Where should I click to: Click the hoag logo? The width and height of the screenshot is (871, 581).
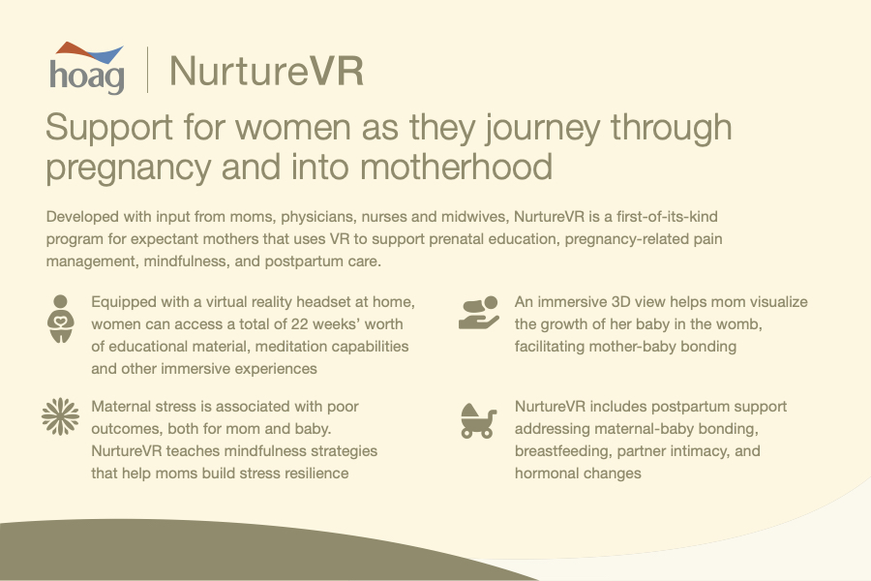coord(87,69)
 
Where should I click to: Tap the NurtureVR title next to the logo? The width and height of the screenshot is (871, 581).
coord(267,71)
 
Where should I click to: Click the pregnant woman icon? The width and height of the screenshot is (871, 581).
coord(61,319)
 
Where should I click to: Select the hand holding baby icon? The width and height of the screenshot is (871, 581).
coord(479,313)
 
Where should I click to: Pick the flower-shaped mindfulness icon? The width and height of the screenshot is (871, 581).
coord(60,415)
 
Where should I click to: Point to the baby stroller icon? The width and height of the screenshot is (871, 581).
coord(478,421)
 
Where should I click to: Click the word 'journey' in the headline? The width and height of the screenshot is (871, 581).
coord(543,129)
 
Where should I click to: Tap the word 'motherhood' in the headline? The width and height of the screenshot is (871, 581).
coord(456,167)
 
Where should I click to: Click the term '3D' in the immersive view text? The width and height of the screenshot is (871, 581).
coord(620,302)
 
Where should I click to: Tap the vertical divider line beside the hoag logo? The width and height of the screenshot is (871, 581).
coord(147,70)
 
